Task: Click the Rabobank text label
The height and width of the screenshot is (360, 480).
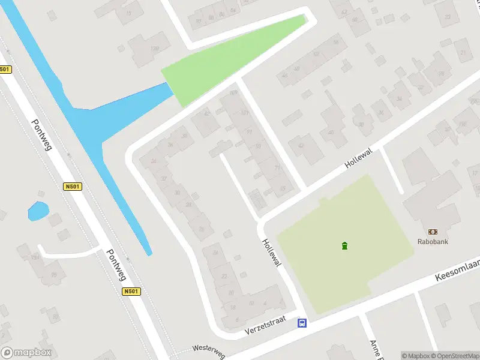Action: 433,242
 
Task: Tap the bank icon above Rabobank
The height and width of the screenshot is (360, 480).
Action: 433,232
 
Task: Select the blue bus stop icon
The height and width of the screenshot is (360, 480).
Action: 302,323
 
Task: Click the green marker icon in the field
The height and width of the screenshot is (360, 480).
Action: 344,245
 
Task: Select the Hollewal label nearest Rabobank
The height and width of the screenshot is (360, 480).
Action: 359,158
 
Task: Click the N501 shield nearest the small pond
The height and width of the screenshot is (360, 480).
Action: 71,187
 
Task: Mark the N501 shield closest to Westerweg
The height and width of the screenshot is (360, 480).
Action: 131,292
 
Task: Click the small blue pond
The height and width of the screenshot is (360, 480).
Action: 38,211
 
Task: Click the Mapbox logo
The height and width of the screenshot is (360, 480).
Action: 26,353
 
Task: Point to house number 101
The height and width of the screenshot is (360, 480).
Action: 244,113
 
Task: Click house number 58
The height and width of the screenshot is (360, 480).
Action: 336,41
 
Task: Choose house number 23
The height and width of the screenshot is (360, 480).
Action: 224,275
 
